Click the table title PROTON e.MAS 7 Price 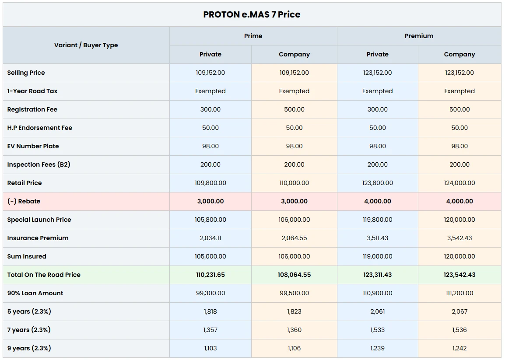[252, 14]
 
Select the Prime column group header [253, 36]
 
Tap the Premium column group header [419, 36]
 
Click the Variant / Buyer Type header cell [86, 45]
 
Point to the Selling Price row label [26, 73]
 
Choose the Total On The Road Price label [44, 275]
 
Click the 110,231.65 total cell [210, 275]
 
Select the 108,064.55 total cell [294, 275]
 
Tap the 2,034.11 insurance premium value [210, 238]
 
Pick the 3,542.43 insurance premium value [459, 238]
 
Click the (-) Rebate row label [24, 201]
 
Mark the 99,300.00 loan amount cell [210, 293]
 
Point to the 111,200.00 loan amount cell [459, 293]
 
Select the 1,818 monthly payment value [210, 311]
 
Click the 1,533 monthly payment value [378, 330]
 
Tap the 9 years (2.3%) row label [29, 348]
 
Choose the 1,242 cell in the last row [459, 348]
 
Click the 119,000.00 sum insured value [378, 256]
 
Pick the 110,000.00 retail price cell [294, 183]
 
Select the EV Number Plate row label [33, 146]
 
